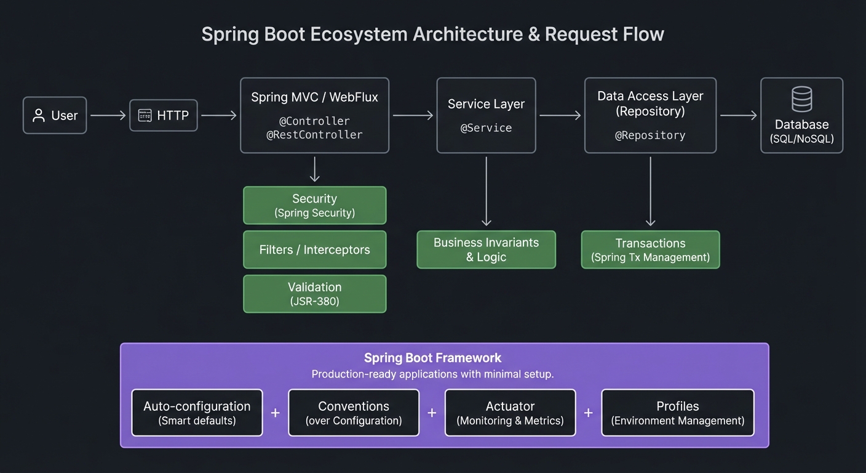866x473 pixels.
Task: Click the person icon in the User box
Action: [x=39, y=115]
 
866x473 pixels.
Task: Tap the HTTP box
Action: [x=164, y=115]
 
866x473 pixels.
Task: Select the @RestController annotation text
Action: [x=314, y=134]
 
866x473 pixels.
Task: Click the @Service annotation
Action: [x=486, y=128]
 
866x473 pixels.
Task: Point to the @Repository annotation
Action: [x=650, y=135]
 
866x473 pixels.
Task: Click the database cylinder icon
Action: [x=801, y=99]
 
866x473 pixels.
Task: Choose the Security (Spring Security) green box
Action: [x=314, y=205]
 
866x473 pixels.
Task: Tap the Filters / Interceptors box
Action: [x=314, y=249]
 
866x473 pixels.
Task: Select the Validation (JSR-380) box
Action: [x=314, y=294]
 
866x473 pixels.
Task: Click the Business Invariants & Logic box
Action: [x=486, y=249]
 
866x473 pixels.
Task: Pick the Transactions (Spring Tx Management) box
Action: [x=650, y=249]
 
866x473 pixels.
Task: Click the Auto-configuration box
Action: [x=197, y=413]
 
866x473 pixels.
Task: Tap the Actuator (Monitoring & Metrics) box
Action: [x=510, y=413]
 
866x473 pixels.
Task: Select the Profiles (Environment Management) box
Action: [x=677, y=413]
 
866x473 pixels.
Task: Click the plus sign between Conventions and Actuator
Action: [x=432, y=413]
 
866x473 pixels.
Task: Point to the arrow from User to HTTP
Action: [x=108, y=115]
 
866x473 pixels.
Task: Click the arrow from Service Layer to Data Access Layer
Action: [x=560, y=115]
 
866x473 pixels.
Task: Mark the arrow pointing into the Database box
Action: [x=738, y=115]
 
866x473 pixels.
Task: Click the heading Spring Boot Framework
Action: [x=432, y=358]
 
